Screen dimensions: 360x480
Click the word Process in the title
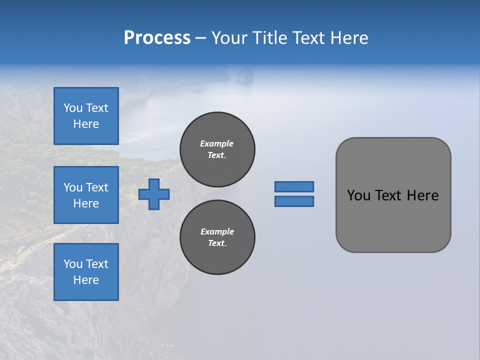pyautogui.click(x=157, y=38)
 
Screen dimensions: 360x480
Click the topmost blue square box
pyautogui.click(x=86, y=116)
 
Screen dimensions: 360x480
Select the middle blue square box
pyautogui.click(x=86, y=195)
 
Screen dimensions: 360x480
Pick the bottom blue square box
pyautogui.click(x=86, y=271)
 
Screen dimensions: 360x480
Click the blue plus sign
pyautogui.click(x=154, y=194)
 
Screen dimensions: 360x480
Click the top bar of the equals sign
pyautogui.click(x=294, y=186)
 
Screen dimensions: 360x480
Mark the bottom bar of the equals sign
pyautogui.click(x=294, y=201)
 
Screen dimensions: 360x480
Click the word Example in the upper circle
pyautogui.click(x=217, y=143)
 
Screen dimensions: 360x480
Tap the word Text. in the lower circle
pyautogui.click(x=217, y=243)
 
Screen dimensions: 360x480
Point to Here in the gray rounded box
pyautogui.click(x=422, y=195)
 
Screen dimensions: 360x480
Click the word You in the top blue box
pyautogui.click(x=73, y=108)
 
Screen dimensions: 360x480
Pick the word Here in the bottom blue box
pyautogui.click(x=86, y=280)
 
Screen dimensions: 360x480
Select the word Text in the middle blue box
pyautogui.click(x=97, y=187)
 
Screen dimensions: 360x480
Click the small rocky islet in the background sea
pyautogui.click(x=243, y=75)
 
